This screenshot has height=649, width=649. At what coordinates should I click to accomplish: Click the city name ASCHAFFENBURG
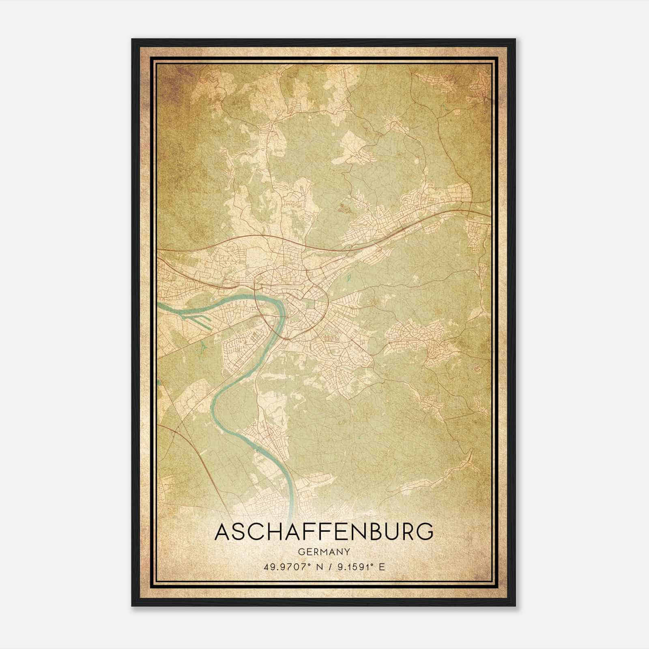coord(324,532)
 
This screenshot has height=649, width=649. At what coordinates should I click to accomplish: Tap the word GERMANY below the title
coord(324,552)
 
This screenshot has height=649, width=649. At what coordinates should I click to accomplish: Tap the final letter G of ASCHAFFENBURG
coord(424,532)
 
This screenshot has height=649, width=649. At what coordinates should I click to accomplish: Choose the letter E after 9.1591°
coord(381,567)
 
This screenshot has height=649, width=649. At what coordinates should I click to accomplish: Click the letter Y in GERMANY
coord(347,552)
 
